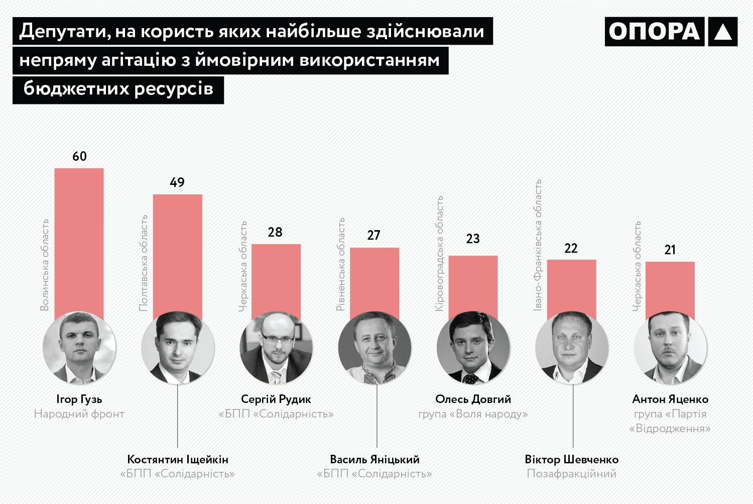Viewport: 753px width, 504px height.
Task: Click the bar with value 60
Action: click(79, 241)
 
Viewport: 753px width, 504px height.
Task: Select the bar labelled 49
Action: click(177, 254)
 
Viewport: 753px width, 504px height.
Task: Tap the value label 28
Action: click(275, 232)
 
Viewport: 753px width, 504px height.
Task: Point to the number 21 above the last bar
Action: click(670, 250)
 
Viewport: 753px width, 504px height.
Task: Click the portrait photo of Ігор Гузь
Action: click(79, 348)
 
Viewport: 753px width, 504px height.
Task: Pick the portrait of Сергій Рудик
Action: click(276, 348)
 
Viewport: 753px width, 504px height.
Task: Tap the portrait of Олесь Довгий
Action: click(473, 348)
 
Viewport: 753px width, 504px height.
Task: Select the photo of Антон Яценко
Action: click(670, 348)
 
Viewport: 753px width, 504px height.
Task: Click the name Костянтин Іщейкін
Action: click(178, 459)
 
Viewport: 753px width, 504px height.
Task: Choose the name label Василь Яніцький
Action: click(374, 459)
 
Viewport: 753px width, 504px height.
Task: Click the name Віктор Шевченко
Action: click(572, 459)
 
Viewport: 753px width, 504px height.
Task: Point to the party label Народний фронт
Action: click(79, 414)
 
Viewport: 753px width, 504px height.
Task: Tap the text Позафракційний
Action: click(572, 474)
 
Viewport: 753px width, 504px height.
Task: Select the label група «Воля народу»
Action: click(473, 414)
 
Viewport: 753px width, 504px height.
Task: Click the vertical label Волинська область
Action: click(45, 265)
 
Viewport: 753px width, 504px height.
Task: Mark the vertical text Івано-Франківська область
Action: click(538, 245)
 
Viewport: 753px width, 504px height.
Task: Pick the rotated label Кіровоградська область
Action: click(439, 253)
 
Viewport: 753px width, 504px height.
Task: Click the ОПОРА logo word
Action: click(654, 32)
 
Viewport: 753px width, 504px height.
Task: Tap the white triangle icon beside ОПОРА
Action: click(723, 32)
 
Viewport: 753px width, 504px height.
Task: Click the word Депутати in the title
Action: click(65, 31)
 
